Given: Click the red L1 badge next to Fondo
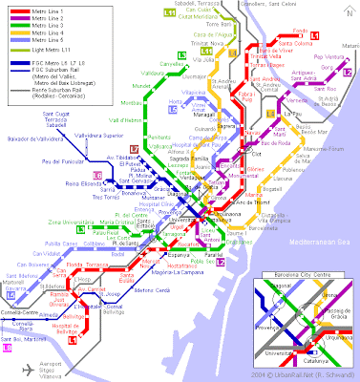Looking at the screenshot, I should pyautogui.click(x=342, y=36).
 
